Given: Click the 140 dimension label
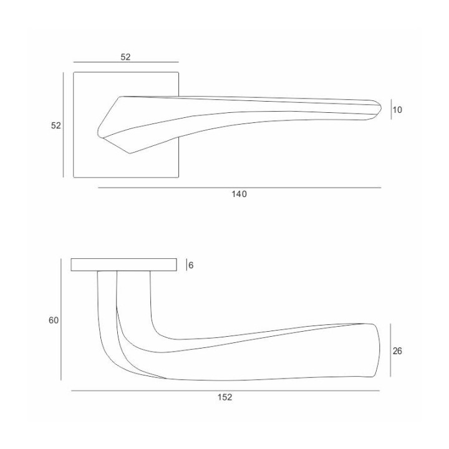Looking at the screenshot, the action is (239, 194).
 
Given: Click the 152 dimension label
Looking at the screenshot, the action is (224, 397).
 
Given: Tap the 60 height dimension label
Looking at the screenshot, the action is (54, 320).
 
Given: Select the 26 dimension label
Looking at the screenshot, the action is (397, 350).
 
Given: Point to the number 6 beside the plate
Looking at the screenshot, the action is (191, 266).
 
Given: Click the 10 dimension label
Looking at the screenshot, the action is (397, 110).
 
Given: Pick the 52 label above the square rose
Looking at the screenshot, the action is (125, 57).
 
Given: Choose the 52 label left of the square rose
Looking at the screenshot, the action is (56, 125).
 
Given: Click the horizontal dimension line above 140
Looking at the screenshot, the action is (239, 188).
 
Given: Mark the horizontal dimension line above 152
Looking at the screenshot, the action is (225, 390).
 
